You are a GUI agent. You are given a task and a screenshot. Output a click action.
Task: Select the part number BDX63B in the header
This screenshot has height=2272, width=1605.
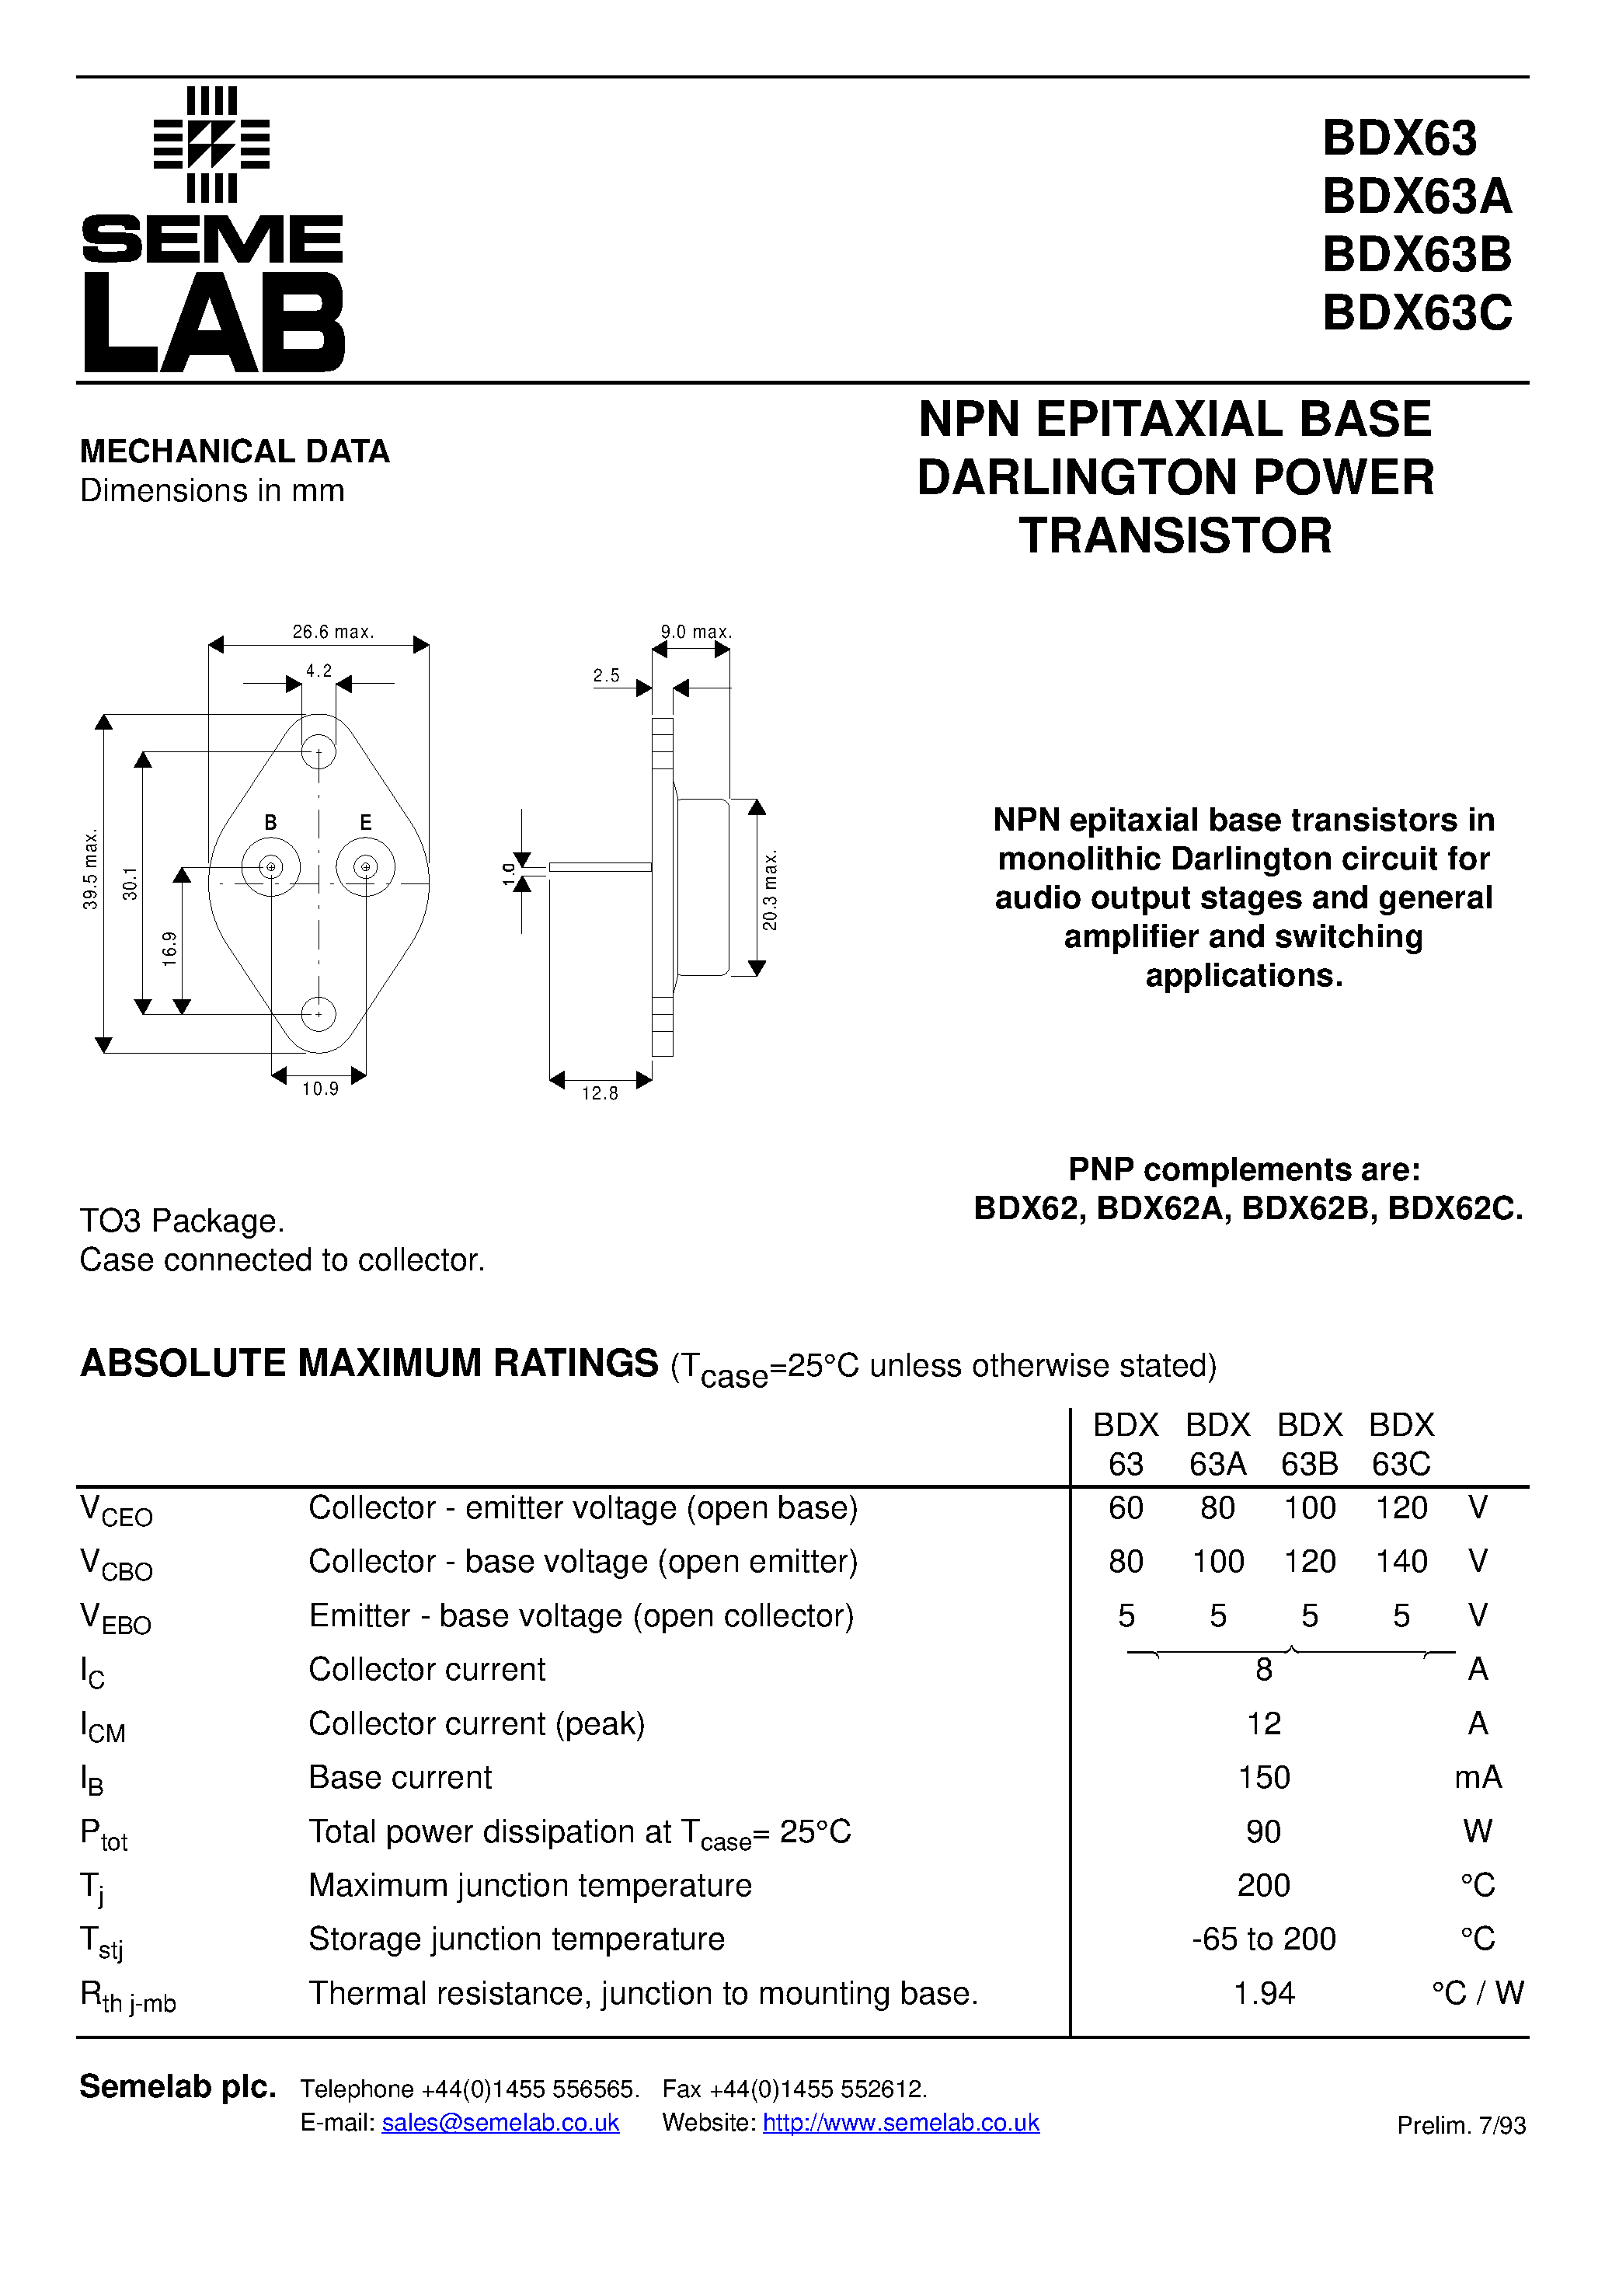(1416, 254)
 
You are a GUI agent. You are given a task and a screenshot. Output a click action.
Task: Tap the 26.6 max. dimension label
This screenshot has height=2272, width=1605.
(332, 632)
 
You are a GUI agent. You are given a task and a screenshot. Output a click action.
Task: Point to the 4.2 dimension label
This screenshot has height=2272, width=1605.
(319, 671)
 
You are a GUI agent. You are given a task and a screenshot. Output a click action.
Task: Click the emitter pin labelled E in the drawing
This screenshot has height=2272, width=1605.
(365, 868)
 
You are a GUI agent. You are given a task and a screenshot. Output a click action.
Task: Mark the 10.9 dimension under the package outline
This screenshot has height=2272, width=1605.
(319, 1089)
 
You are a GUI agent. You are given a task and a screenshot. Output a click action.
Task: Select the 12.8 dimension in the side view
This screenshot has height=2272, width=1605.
(600, 1092)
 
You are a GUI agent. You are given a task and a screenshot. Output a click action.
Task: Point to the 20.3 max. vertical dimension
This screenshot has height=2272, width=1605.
(770, 890)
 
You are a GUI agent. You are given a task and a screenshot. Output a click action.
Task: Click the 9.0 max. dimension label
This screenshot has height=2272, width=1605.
(695, 632)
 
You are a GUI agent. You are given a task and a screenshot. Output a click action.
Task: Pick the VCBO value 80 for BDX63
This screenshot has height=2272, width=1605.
(1125, 1562)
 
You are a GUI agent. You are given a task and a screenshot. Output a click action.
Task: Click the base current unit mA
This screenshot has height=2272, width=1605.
(1478, 1777)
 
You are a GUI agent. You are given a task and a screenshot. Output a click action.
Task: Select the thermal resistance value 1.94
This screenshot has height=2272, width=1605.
(1264, 1993)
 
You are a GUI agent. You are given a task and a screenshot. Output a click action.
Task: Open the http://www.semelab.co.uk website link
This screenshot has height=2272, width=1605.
(900, 2123)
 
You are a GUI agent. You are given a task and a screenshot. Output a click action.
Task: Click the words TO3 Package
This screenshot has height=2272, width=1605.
(182, 1221)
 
